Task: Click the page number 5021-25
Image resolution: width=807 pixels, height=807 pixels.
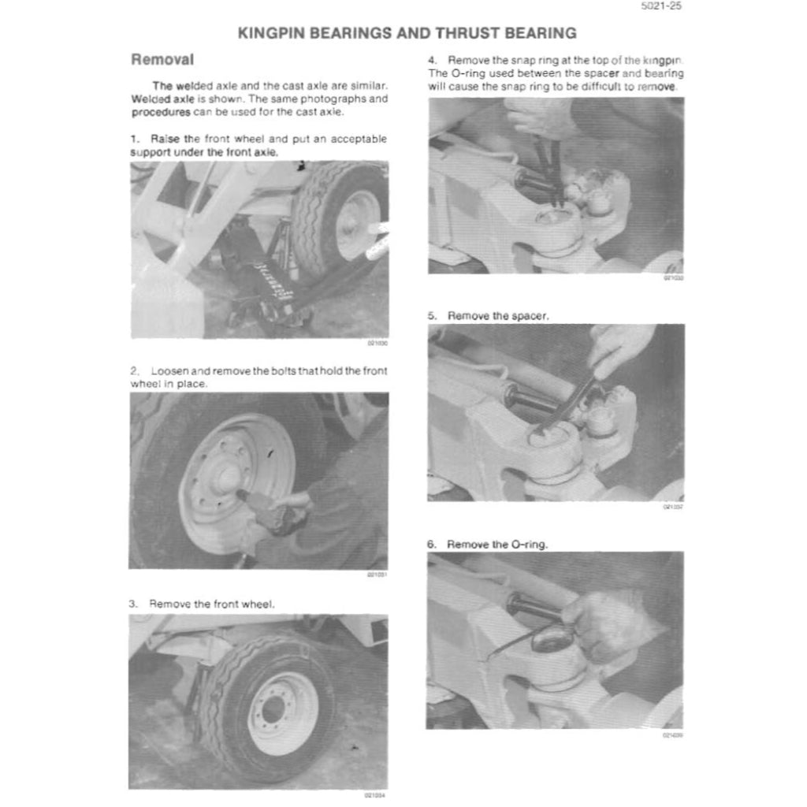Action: click(x=662, y=7)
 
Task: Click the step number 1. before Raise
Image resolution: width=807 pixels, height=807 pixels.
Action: click(x=135, y=139)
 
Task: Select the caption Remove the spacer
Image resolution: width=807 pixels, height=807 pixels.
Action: click(x=498, y=315)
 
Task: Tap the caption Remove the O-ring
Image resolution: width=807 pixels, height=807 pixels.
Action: click(x=497, y=544)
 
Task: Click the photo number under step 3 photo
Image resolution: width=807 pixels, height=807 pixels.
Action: click(x=376, y=794)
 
